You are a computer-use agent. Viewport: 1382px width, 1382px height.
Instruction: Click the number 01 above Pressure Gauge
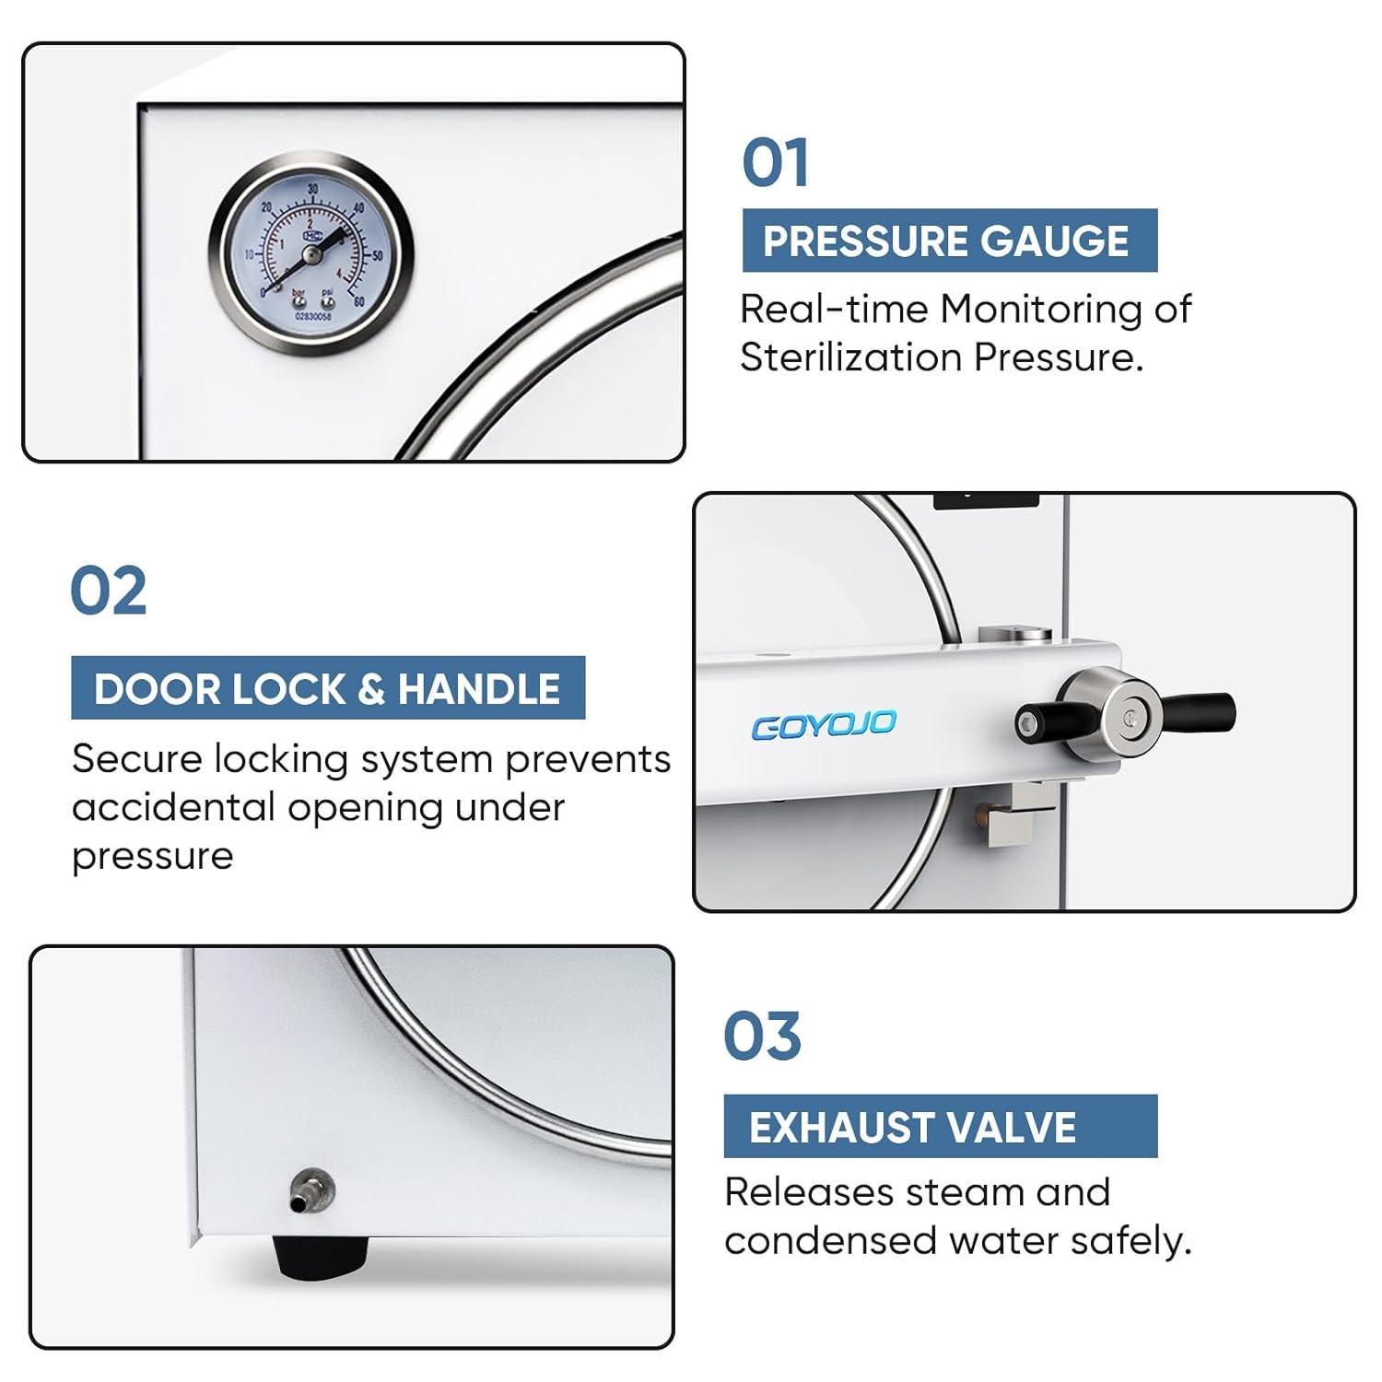775,163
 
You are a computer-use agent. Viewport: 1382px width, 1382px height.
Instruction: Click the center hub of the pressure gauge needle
311,253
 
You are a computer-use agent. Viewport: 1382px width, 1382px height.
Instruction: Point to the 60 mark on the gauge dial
358,301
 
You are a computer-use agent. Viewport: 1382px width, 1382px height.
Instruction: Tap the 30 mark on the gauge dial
312,189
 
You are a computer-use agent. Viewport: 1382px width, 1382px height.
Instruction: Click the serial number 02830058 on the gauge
312,316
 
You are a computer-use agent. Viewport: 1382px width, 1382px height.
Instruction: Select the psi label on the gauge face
327,293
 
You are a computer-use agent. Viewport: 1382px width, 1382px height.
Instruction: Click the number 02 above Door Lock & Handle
108,591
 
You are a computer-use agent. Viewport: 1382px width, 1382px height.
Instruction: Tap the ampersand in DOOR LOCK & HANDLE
370,689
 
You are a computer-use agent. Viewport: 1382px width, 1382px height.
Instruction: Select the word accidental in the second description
173,808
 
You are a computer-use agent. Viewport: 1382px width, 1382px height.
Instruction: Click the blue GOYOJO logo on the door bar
823,725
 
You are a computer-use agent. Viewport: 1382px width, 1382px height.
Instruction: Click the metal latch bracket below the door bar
1018,816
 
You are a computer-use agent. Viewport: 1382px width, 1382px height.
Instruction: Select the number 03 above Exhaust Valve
762,1036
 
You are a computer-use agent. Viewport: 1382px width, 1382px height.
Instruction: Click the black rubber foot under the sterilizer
319,1255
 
